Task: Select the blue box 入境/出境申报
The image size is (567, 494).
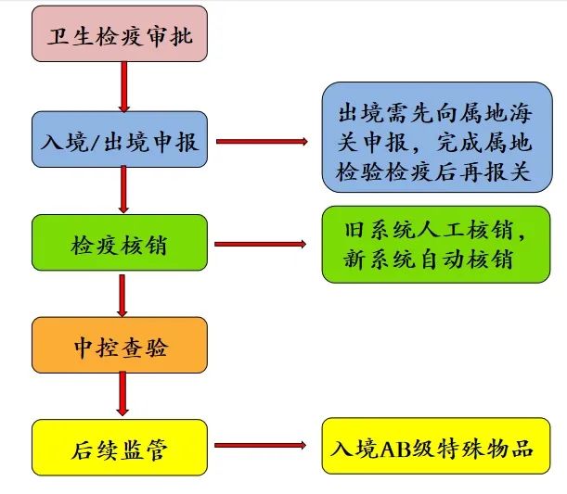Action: (x=120, y=141)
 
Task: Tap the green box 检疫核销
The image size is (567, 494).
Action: (x=120, y=243)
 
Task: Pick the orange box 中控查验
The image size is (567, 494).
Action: (x=120, y=345)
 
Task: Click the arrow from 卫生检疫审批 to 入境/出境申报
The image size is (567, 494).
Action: (x=122, y=89)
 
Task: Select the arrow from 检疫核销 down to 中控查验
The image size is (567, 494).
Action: (x=122, y=294)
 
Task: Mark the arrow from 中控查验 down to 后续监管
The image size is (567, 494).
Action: (x=122, y=396)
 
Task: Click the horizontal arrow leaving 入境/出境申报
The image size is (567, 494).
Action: (x=261, y=142)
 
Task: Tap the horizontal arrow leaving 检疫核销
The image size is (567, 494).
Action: (x=261, y=244)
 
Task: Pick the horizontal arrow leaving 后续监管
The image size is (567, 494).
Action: (x=261, y=448)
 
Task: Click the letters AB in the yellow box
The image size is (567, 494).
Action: (x=391, y=448)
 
